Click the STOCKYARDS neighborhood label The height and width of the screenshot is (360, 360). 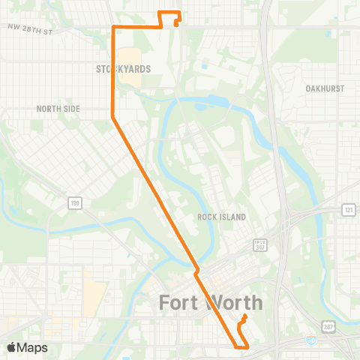(x=124, y=69)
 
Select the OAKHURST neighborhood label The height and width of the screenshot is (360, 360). (x=325, y=88)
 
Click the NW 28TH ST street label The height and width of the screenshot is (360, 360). (x=31, y=31)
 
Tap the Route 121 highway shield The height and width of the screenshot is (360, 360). (x=348, y=210)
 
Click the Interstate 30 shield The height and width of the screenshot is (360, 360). (x=310, y=340)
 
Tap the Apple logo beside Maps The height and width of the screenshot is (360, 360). (x=10, y=347)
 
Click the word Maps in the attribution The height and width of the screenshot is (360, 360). (x=32, y=347)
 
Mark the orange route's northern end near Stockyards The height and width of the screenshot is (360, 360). (x=175, y=24)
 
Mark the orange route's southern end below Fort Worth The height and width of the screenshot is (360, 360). (x=245, y=316)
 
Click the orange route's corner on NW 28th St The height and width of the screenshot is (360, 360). (x=113, y=27)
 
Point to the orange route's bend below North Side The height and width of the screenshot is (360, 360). (x=113, y=117)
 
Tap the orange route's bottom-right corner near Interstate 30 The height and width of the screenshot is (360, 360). (x=248, y=346)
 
